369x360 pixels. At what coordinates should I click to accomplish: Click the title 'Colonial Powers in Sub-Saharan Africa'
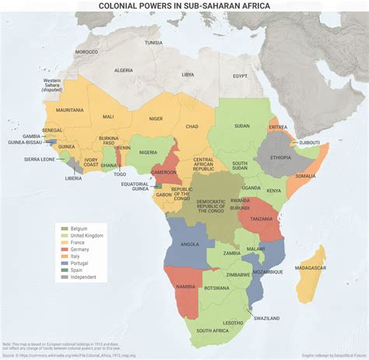coord(184,6)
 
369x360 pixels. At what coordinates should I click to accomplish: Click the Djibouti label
coord(309,143)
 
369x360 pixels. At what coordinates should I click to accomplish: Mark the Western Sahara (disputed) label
coord(52,84)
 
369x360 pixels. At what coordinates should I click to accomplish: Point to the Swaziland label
coord(265,318)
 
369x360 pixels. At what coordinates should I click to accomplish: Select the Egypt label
coord(239,76)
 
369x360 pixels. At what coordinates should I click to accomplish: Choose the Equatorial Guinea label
coord(135,185)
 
